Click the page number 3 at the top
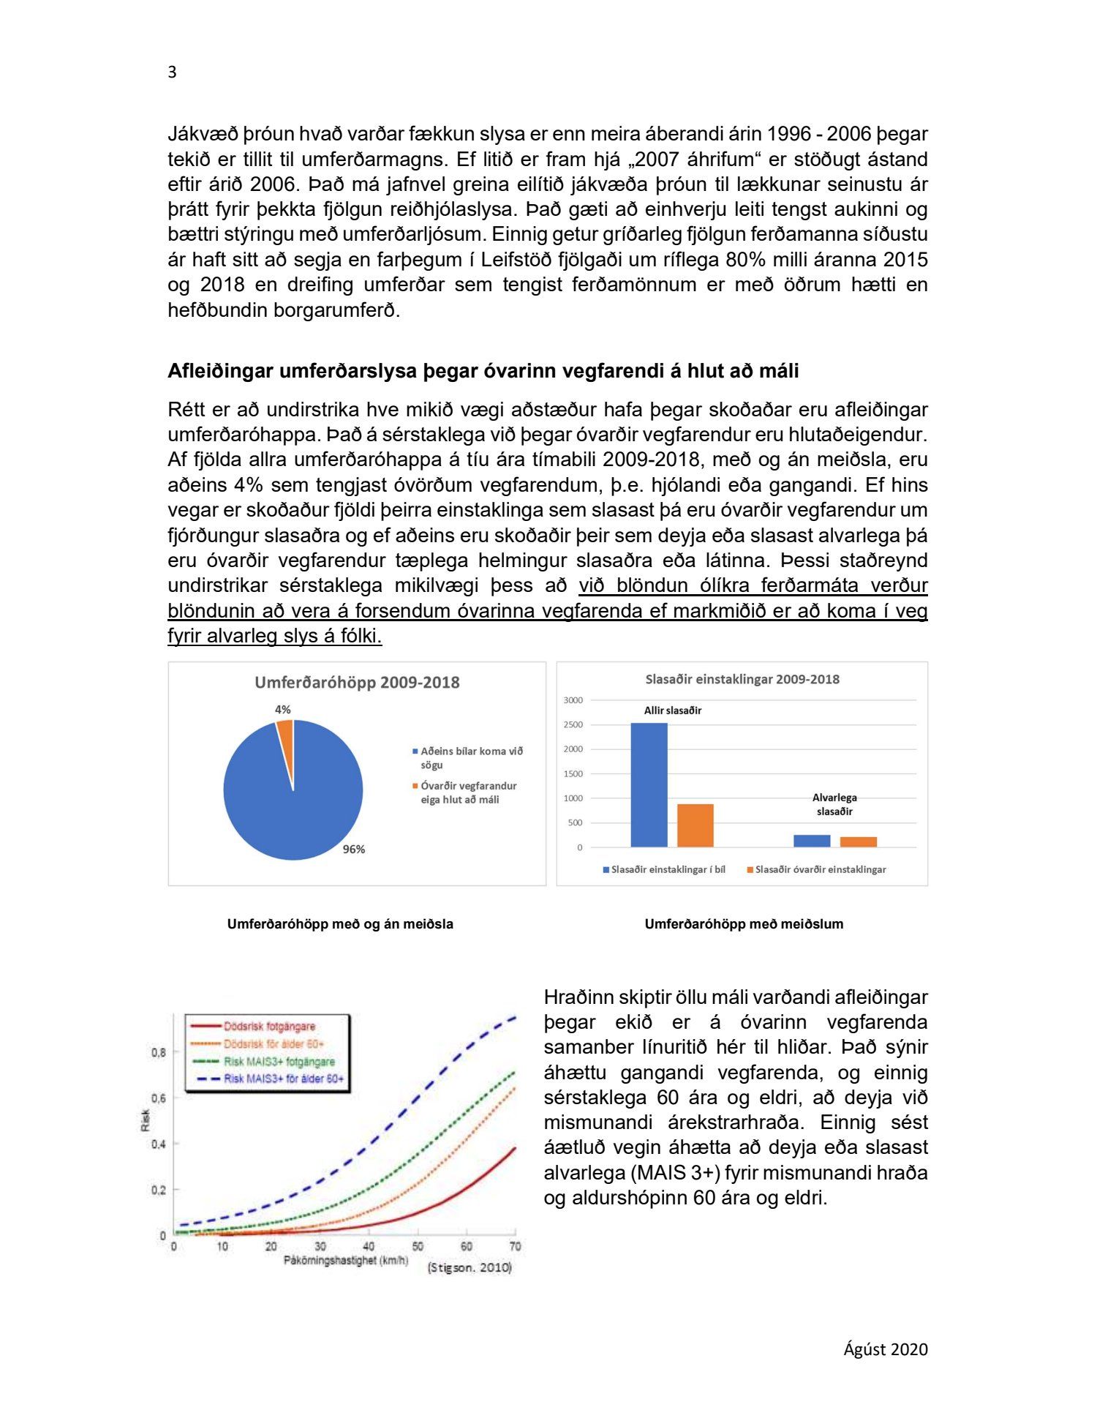click(172, 72)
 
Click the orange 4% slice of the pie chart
click(285, 731)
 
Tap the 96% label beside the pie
click(354, 849)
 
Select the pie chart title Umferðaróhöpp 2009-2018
click(357, 683)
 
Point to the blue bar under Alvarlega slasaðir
click(812, 841)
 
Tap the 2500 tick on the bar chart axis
click(573, 724)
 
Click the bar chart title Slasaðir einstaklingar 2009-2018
click(742, 679)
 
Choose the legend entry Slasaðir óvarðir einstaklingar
click(819, 869)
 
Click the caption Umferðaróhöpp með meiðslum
click(744, 924)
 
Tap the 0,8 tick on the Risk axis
click(158, 1052)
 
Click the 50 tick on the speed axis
click(418, 1246)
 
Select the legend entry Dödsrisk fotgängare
click(268, 1027)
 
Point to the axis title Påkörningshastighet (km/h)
click(345, 1260)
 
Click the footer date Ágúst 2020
click(885, 1349)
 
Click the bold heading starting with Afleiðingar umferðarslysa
click(483, 371)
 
